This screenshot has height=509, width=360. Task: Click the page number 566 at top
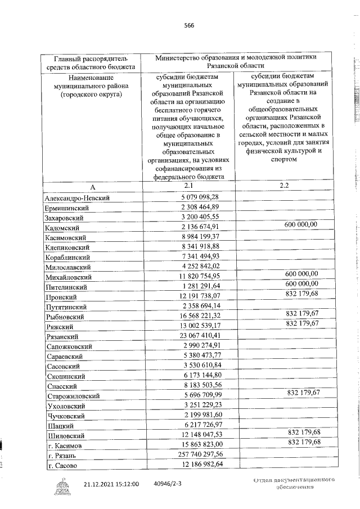(x=188, y=25)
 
